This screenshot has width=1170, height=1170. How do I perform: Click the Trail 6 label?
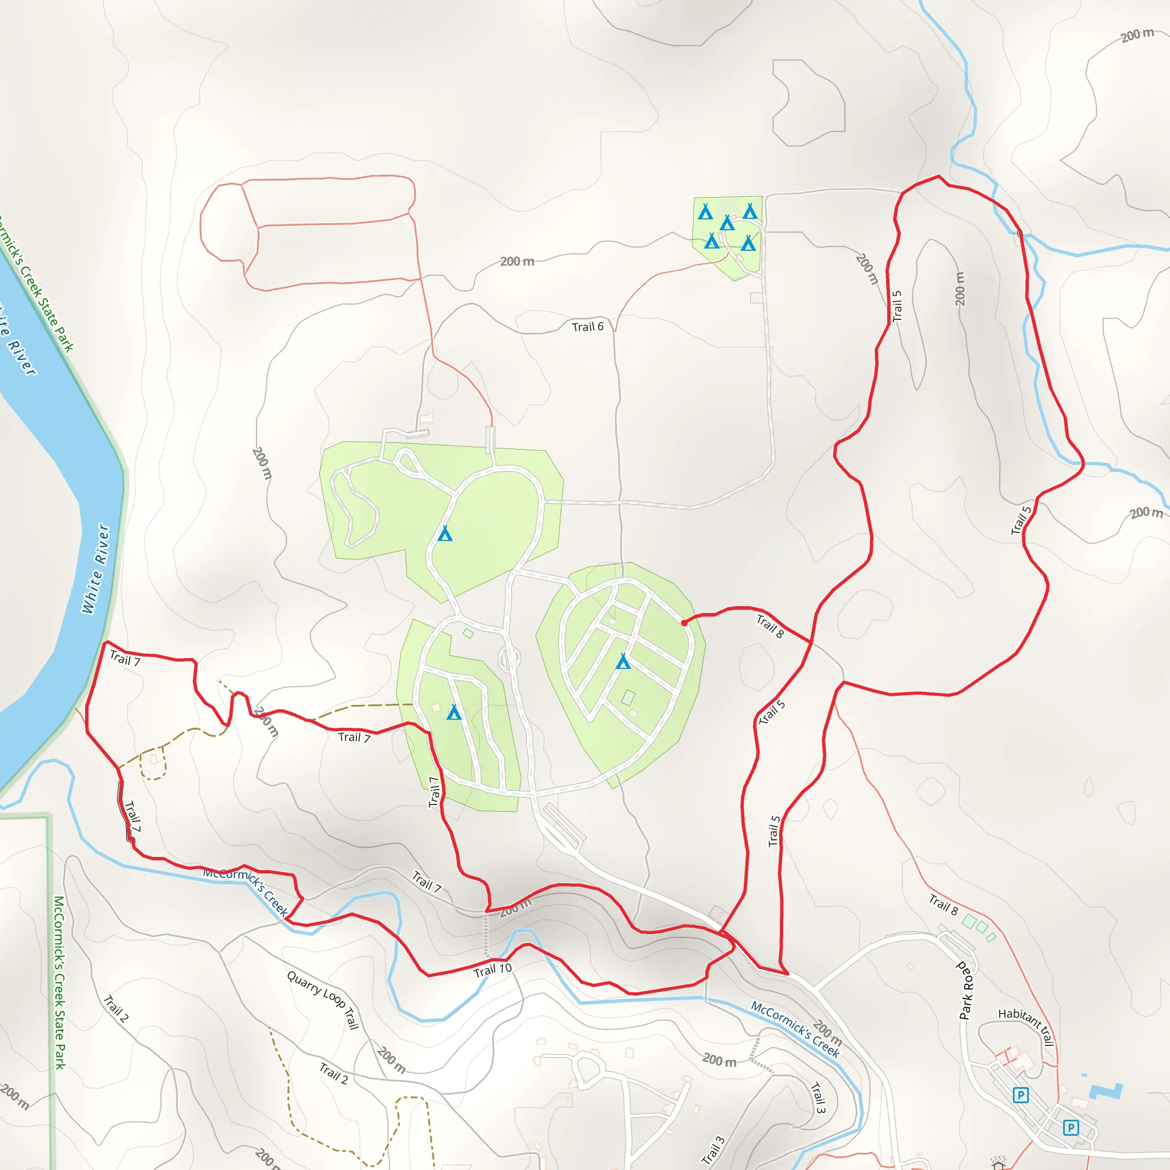tap(587, 327)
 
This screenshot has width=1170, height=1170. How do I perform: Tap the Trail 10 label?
tap(492, 969)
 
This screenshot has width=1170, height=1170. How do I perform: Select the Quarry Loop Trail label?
tap(323, 1000)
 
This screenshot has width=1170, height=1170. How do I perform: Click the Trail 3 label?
tap(818, 1097)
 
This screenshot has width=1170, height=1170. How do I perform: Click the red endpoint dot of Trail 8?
tap(684, 623)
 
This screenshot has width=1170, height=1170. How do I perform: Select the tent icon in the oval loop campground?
tap(445, 534)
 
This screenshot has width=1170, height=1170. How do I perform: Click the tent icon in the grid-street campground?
tap(623, 662)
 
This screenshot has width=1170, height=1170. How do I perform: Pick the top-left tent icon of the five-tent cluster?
tap(706, 212)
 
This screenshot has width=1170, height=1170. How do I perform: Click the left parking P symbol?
tap(1020, 1095)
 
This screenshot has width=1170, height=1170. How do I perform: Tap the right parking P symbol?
tap(1071, 1128)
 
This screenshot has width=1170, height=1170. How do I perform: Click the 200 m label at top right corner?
tap(1137, 35)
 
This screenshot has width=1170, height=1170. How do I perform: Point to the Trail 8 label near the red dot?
tap(770, 626)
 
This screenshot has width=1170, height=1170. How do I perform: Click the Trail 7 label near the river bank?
tap(125, 658)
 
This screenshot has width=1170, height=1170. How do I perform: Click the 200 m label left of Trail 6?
tap(517, 262)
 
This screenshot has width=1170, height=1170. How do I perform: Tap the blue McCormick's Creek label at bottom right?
tap(795, 1029)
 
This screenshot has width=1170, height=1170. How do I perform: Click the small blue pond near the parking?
tap(1106, 1091)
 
